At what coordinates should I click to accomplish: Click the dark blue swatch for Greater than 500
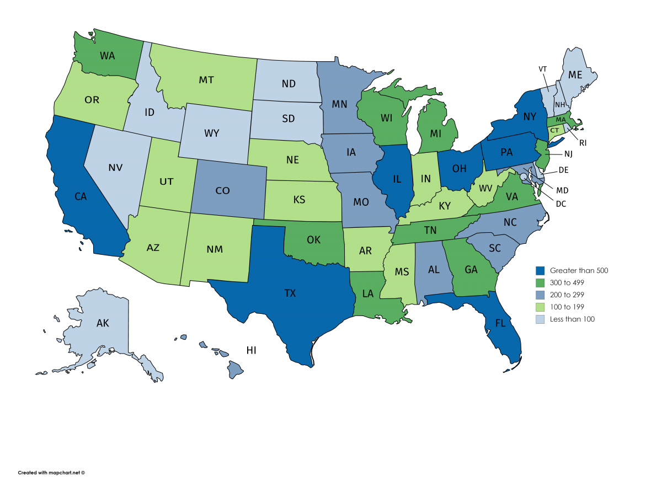click(541, 271)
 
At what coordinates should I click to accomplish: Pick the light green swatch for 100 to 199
click(541, 307)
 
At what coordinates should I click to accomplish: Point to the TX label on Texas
click(290, 293)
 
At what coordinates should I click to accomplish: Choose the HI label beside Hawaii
click(252, 350)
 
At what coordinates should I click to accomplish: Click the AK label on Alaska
click(103, 323)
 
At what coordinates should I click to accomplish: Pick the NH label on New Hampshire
click(560, 105)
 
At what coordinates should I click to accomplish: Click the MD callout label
click(562, 191)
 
